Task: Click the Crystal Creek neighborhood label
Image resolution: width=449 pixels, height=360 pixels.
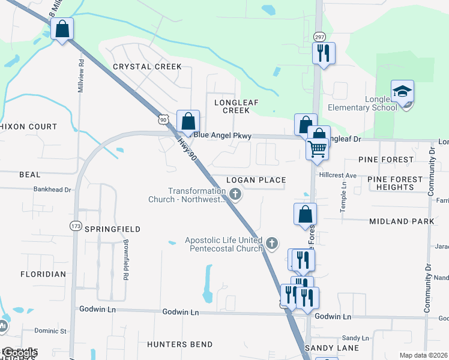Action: [x=147, y=67]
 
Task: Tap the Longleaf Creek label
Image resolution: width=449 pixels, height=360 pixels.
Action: [x=236, y=106]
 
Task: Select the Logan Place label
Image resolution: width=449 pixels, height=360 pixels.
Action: [x=256, y=180]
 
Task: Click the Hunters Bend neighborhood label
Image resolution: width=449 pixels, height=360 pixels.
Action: [x=179, y=344]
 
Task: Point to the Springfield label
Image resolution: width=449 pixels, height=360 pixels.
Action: [x=112, y=229]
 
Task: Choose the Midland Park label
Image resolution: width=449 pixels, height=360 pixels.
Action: [x=402, y=221]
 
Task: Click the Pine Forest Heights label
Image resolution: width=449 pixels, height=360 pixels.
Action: [x=391, y=183]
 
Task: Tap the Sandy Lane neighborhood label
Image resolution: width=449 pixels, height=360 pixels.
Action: [x=332, y=348]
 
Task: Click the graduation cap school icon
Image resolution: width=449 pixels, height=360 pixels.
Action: [x=402, y=91]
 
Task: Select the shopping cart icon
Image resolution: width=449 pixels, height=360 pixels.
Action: [x=317, y=148]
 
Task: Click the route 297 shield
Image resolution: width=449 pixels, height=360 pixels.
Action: [x=319, y=37]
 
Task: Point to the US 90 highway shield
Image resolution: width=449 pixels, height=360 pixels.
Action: [x=163, y=119]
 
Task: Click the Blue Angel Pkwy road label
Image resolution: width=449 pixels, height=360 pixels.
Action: [x=222, y=136]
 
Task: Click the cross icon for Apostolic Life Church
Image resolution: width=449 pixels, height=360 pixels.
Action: [x=273, y=243]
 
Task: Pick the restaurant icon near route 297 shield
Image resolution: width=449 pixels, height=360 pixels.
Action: [x=324, y=53]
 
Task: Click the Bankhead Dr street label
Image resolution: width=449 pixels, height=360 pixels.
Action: [x=53, y=190]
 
